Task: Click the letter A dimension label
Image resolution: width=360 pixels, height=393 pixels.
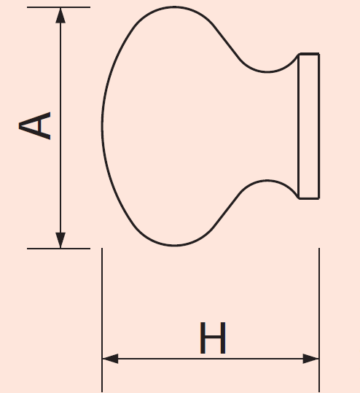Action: coord(34,125)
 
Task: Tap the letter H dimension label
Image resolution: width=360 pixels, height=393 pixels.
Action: coord(213,338)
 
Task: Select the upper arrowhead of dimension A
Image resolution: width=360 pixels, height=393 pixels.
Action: coord(60,15)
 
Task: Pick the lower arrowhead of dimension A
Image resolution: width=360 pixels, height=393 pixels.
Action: coord(60,240)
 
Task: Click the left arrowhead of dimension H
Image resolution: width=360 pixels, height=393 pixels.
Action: coord(110,359)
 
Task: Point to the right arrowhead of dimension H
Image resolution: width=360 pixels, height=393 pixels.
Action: coord(311,359)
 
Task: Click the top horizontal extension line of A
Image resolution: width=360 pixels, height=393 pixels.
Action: coord(58,7)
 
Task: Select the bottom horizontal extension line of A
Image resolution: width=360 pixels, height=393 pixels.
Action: coord(58,249)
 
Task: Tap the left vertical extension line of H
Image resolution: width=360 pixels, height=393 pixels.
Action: coord(102,320)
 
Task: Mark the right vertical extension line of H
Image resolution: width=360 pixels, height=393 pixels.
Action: coord(319,320)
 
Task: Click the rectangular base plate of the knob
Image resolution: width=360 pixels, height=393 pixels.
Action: coord(309,126)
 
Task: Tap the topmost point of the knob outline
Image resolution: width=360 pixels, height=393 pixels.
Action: coord(174,7)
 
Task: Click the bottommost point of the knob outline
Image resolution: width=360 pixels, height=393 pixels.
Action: coord(174,246)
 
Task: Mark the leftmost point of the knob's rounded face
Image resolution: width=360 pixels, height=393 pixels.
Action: coord(102,125)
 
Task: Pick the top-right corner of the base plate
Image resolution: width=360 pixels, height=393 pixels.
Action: coord(319,54)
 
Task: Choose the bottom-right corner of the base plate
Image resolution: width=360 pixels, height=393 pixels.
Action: coord(319,198)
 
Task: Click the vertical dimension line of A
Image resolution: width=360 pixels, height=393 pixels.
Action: coord(60,128)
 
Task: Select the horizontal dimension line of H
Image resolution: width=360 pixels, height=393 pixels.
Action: coord(211,359)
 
